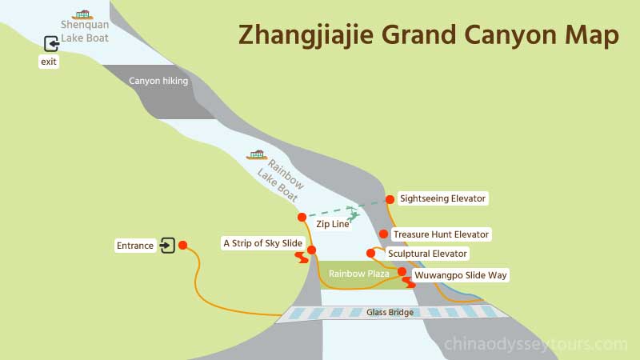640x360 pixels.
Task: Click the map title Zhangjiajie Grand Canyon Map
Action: [428, 35]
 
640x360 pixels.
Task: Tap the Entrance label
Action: [134, 246]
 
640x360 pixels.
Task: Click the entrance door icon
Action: [167, 246]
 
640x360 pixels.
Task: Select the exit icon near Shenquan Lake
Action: [51, 44]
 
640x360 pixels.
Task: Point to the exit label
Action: [49, 62]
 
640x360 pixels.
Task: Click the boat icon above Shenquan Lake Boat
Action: [82, 14]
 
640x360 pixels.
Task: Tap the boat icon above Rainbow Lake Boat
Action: [257, 154]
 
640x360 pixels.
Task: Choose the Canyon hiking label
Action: [158, 81]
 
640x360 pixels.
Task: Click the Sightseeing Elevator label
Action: [442, 198]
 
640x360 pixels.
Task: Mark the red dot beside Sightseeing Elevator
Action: [390, 199]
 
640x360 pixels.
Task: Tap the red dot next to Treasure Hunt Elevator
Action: [384, 234]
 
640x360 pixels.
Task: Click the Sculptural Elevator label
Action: [427, 254]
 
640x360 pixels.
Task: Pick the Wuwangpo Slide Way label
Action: [461, 275]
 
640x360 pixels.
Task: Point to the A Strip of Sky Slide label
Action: [262, 242]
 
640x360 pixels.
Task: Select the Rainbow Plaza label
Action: [358, 274]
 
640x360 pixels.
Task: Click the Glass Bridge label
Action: [390, 312]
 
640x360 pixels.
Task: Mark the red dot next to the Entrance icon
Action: [183, 246]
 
